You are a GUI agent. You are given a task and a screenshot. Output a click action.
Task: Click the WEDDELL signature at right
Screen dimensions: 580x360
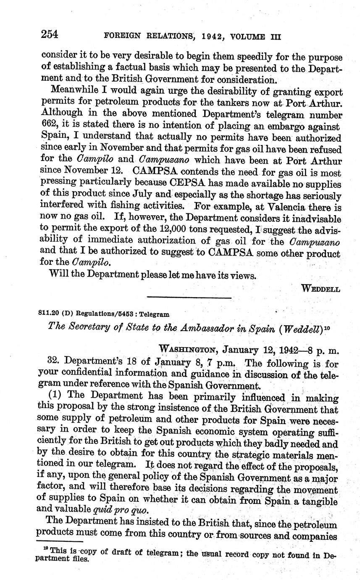(x=321, y=289)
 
